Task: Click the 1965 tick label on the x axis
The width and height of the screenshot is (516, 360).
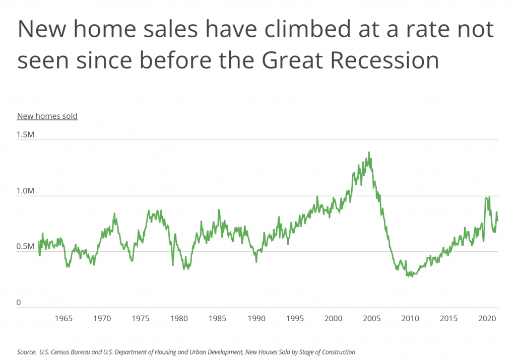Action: pyautogui.click(x=63, y=318)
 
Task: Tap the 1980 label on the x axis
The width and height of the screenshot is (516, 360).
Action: pyautogui.click(x=179, y=318)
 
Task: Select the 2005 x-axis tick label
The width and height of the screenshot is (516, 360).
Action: pyautogui.click(x=371, y=318)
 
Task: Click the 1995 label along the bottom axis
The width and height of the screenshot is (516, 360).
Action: pyautogui.click(x=295, y=318)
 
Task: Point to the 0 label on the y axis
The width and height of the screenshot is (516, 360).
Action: pyautogui.click(x=20, y=303)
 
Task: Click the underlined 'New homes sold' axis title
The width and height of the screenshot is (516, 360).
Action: pyautogui.click(x=47, y=116)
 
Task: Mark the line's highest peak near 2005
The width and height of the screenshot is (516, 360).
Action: pyautogui.click(x=369, y=152)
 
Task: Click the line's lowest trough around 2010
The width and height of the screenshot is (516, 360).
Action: pyautogui.click(x=413, y=276)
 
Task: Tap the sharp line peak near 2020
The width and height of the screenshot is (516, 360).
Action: pyautogui.click(x=489, y=197)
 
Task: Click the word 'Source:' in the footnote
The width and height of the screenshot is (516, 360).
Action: pyautogui.click(x=26, y=352)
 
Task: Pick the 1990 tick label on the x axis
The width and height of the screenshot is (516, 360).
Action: pyautogui.click(x=256, y=318)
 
